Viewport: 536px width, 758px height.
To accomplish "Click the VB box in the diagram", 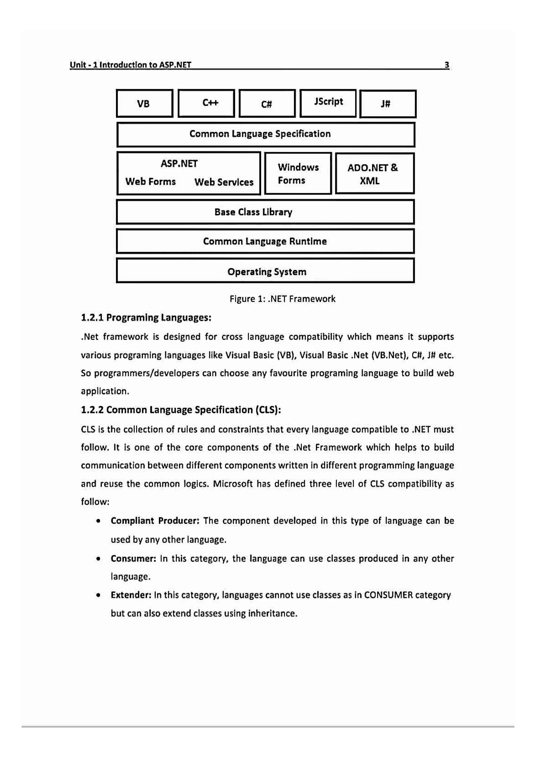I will (x=144, y=103).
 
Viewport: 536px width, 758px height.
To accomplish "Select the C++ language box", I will (x=206, y=103).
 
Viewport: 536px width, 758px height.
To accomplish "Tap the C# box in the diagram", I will (x=267, y=103).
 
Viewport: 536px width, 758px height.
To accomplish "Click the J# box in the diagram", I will (x=387, y=104).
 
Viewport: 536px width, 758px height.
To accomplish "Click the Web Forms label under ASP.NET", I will (x=150, y=182).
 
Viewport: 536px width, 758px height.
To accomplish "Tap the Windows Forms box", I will (x=298, y=174).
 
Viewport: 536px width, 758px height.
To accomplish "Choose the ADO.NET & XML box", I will (x=374, y=174).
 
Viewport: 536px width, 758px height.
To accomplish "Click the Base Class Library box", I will (x=265, y=212).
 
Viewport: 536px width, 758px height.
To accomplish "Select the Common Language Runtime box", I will (x=265, y=241).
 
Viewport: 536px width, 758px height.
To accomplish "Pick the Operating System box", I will (x=265, y=272).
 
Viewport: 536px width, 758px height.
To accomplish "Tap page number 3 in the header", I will (x=446, y=65).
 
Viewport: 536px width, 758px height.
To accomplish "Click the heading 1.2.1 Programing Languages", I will (x=146, y=318).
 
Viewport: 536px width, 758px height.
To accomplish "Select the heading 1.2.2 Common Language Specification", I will (x=181, y=410).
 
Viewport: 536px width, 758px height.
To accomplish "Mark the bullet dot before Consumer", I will (x=98, y=559).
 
